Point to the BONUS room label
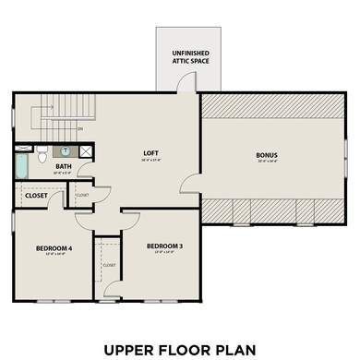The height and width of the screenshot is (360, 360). pyautogui.click(x=267, y=154)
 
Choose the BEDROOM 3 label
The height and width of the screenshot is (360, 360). pyautogui.click(x=163, y=246)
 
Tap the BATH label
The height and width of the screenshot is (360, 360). pyautogui.click(x=64, y=166)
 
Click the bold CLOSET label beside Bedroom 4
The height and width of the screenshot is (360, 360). pyautogui.click(x=37, y=196)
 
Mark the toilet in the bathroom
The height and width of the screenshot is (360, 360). pyautogui.click(x=42, y=155)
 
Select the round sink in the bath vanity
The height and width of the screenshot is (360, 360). pyautogui.click(x=66, y=150)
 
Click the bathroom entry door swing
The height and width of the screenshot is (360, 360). pyautogui.click(x=84, y=172)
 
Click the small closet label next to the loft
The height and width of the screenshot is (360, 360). pyautogui.click(x=81, y=196)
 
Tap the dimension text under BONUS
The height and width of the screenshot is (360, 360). pyautogui.click(x=267, y=162)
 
